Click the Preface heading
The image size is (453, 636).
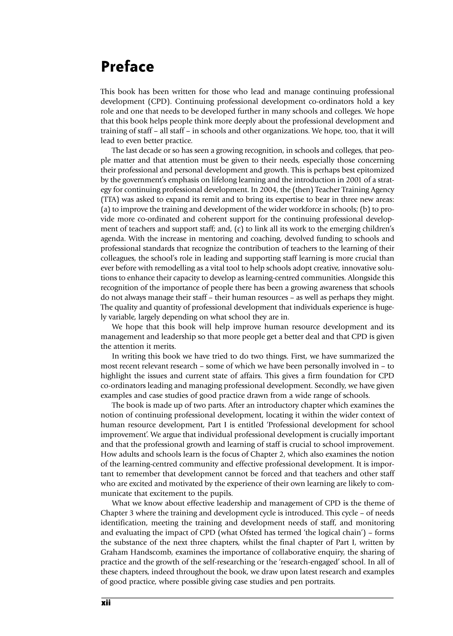click(x=127, y=67)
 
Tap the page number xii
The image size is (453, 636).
click(x=106, y=603)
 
